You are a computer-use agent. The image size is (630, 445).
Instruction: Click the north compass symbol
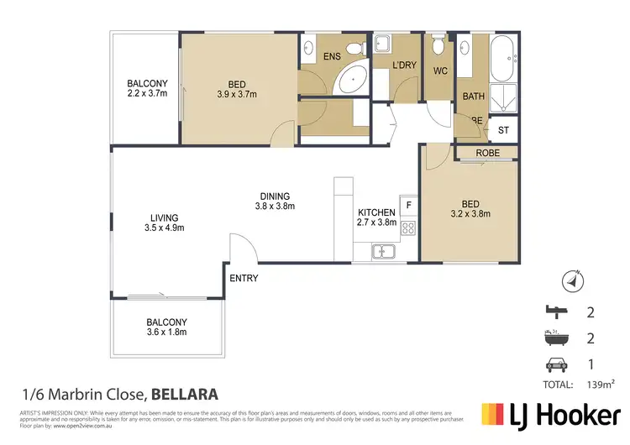pos(572,282)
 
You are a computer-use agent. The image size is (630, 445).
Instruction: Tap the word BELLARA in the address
pos(185,393)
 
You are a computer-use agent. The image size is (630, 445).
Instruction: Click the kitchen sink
pos(383,250)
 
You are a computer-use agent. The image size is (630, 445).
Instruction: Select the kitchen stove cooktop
pos(409,227)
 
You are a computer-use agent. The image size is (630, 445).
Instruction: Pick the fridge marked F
pos(409,204)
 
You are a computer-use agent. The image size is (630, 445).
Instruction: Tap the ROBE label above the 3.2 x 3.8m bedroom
pos(488,154)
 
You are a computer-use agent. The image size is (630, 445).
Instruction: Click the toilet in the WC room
pos(437,46)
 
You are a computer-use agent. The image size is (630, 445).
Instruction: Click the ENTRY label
pos(244,278)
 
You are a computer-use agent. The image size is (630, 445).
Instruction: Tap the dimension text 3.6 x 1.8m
pos(166,332)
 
